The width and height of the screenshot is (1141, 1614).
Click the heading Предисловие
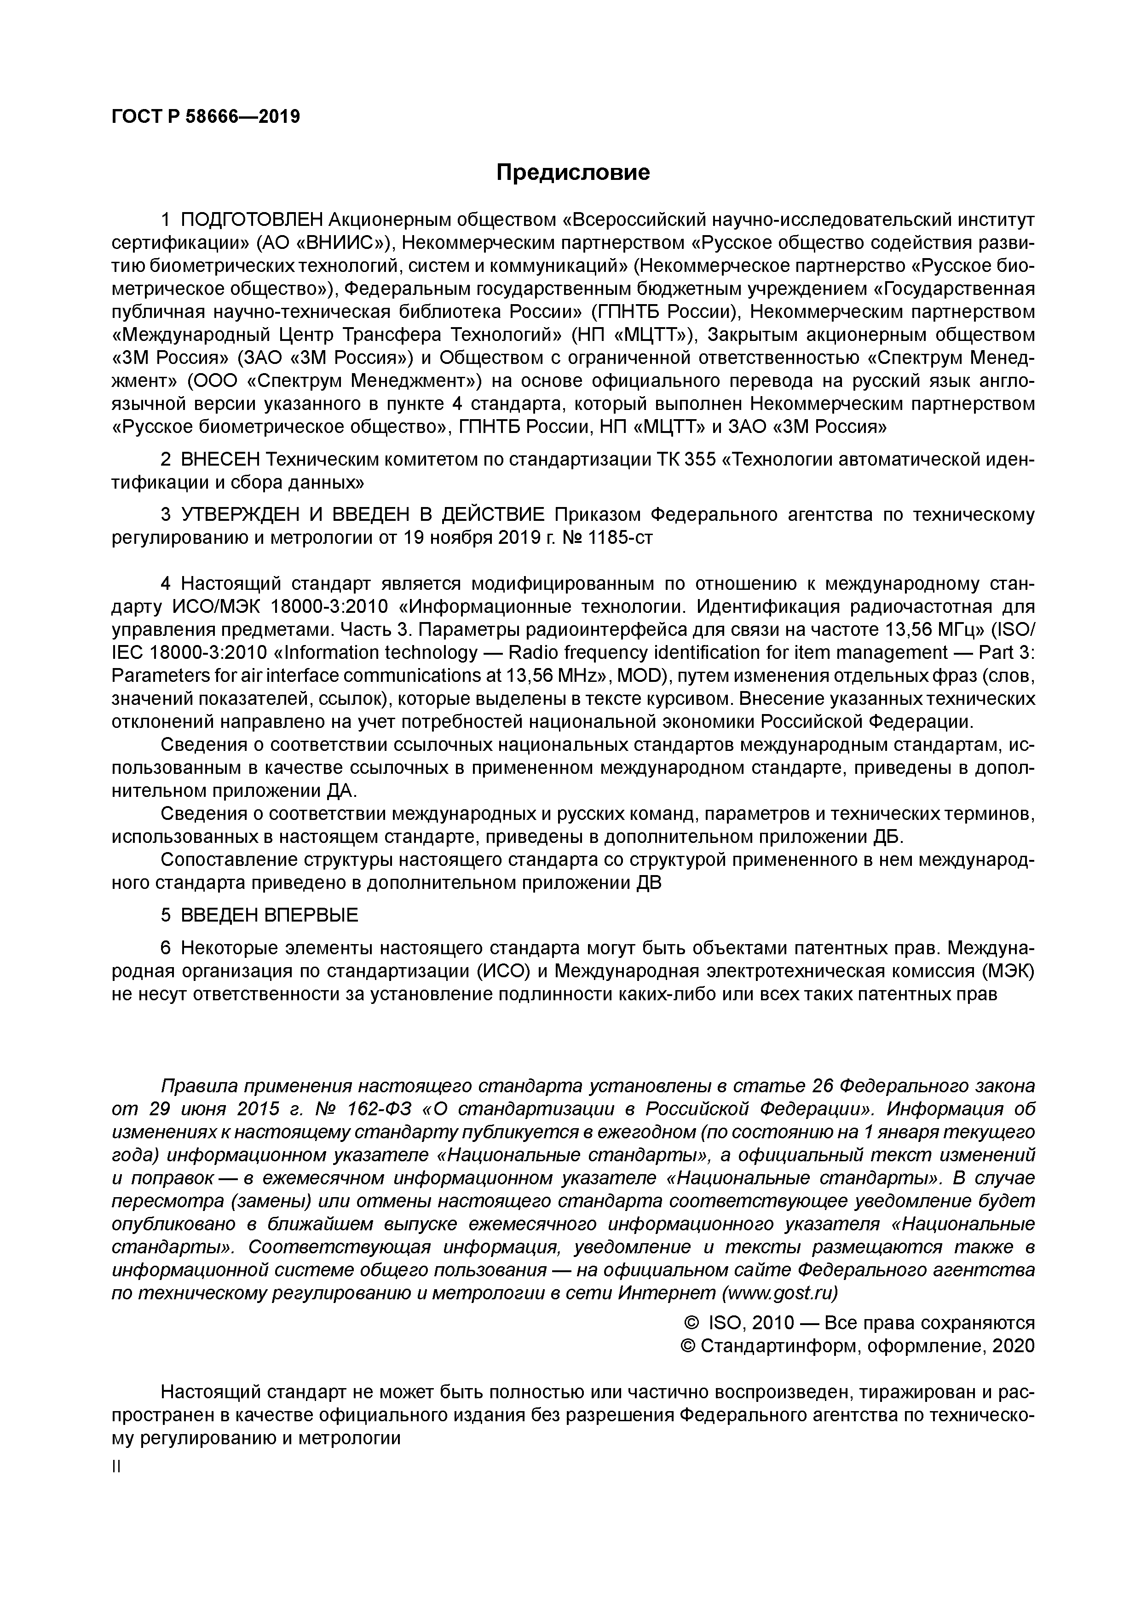[573, 172]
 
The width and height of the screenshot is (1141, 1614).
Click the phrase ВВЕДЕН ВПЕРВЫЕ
[269, 915]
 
